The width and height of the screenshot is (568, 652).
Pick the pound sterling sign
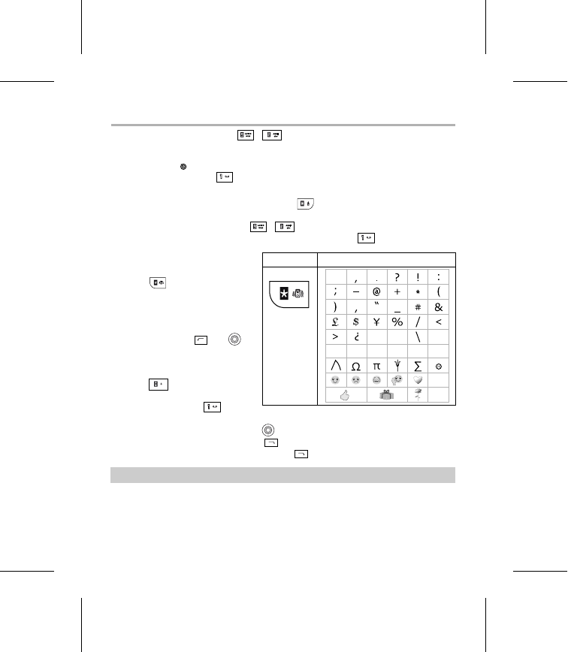point(334,321)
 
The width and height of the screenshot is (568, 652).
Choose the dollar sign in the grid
point(355,321)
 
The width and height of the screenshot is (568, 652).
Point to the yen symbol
point(376,321)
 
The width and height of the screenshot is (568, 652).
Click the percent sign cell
point(397,321)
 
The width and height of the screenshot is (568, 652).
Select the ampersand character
point(439,307)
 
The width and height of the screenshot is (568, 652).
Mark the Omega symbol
point(355,366)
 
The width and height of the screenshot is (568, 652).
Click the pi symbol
point(376,366)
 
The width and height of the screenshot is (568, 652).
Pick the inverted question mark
point(355,337)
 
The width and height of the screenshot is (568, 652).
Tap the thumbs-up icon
point(345,396)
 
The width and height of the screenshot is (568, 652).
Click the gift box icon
point(386,396)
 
